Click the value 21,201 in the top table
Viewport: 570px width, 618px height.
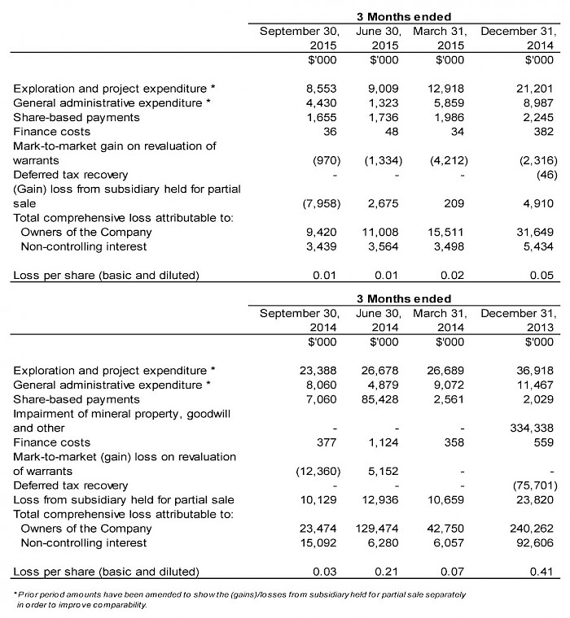[535, 88]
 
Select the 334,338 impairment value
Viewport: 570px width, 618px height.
[532, 428]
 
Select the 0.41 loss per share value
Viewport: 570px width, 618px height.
[542, 572]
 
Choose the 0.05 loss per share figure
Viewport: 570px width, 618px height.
[542, 275]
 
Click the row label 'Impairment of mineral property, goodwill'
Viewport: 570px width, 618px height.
[121, 414]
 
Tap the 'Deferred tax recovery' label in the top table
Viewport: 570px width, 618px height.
[70, 175]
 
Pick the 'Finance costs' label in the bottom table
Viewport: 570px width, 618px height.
[52, 442]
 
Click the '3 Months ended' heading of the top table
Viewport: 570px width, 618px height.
[404, 16]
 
